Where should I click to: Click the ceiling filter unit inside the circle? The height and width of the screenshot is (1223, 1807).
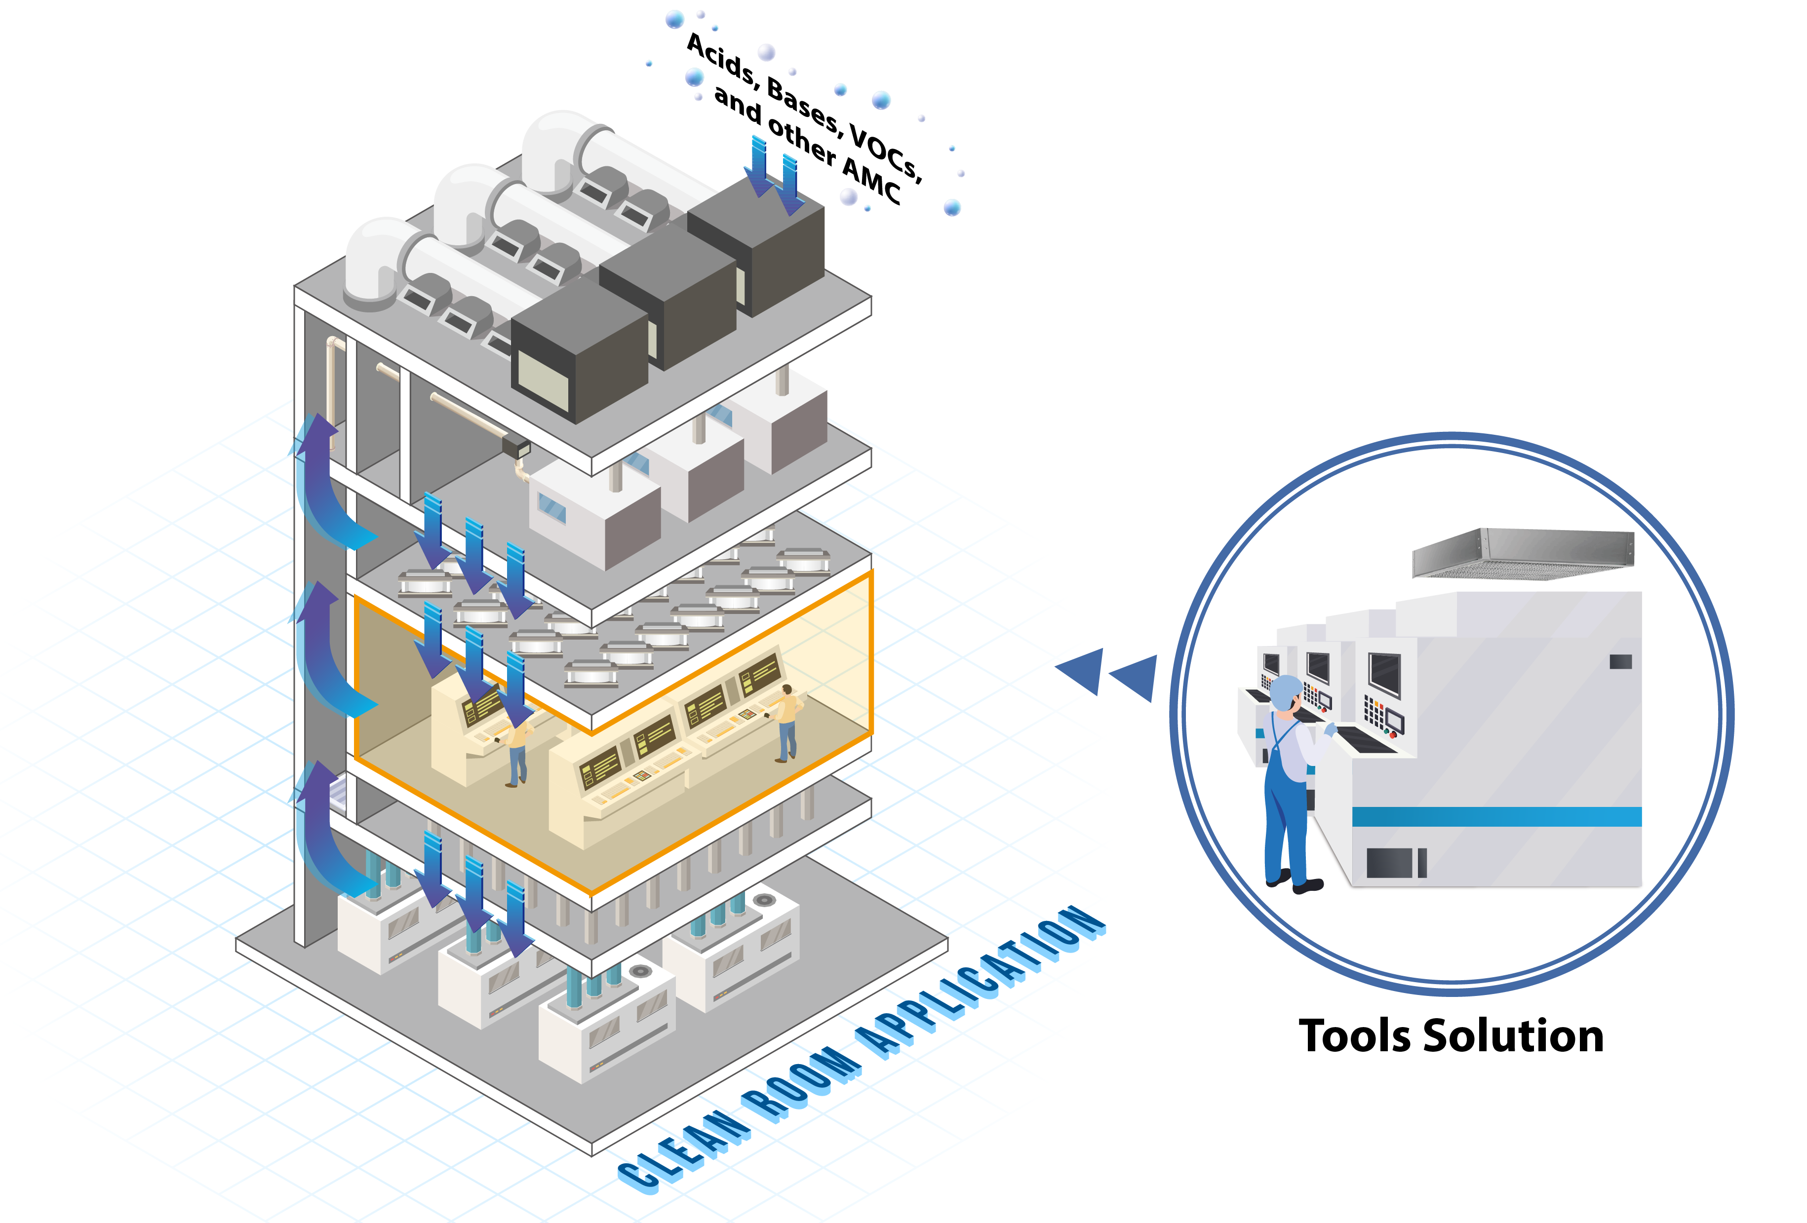[x=1523, y=554]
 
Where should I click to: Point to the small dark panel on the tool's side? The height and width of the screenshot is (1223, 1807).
[x=1620, y=662]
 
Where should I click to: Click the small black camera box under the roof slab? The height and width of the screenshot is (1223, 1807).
[x=515, y=447]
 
